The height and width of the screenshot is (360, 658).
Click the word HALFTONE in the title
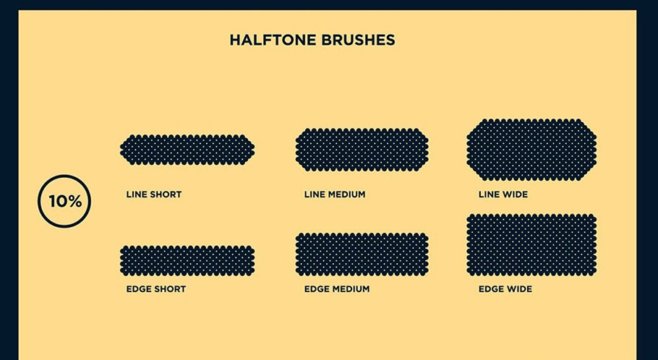pyautogui.click(x=273, y=40)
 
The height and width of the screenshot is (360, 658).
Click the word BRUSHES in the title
pyautogui.click(x=358, y=40)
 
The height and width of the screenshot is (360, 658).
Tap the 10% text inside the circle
pyautogui.click(x=64, y=202)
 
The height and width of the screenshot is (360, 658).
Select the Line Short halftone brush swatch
pyautogui.click(x=187, y=150)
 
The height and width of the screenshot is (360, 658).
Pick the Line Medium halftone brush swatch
pyautogui.click(x=362, y=150)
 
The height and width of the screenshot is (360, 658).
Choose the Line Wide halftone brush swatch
pyautogui.click(x=531, y=150)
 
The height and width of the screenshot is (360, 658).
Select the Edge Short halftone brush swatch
pyautogui.click(x=187, y=260)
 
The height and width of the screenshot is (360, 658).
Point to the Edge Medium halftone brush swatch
pyautogui.click(x=362, y=254)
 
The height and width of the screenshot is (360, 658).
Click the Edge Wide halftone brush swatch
pyautogui.click(x=531, y=245)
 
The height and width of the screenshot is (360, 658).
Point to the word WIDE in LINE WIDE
pyautogui.click(x=515, y=194)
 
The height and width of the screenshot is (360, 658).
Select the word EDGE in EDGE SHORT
pyautogui.click(x=137, y=289)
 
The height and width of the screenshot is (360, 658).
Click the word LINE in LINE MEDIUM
pyautogui.click(x=314, y=194)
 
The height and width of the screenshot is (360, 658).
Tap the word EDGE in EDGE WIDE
pyautogui.click(x=490, y=289)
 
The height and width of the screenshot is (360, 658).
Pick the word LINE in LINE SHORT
pyautogui.click(x=136, y=194)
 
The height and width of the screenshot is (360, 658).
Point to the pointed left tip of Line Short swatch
pyautogui.click(x=121, y=150)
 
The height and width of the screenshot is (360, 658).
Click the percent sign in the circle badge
pyautogui.click(x=74, y=202)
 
